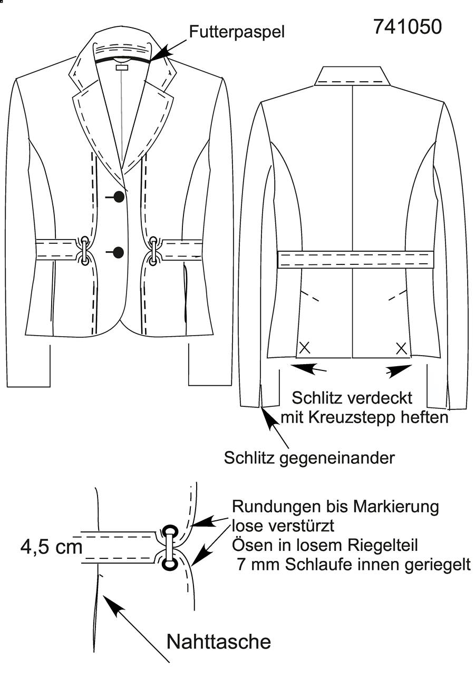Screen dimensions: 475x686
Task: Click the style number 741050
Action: [x=408, y=26]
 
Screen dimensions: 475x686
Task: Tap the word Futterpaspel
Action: [x=237, y=32]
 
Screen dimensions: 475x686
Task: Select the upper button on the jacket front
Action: [x=119, y=197]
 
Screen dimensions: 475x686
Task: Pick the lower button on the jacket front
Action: [x=119, y=252]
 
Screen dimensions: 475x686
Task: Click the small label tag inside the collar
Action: [x=122, y=66]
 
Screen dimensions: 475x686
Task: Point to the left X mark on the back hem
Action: [x=305, y=348]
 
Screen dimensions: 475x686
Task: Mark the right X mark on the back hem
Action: [x=401, y=348]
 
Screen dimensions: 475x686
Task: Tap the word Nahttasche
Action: [x=219, y=642]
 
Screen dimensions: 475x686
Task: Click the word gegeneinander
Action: [x=337, y=458]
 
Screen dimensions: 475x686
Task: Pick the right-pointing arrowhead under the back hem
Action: [x=399, y=371]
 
